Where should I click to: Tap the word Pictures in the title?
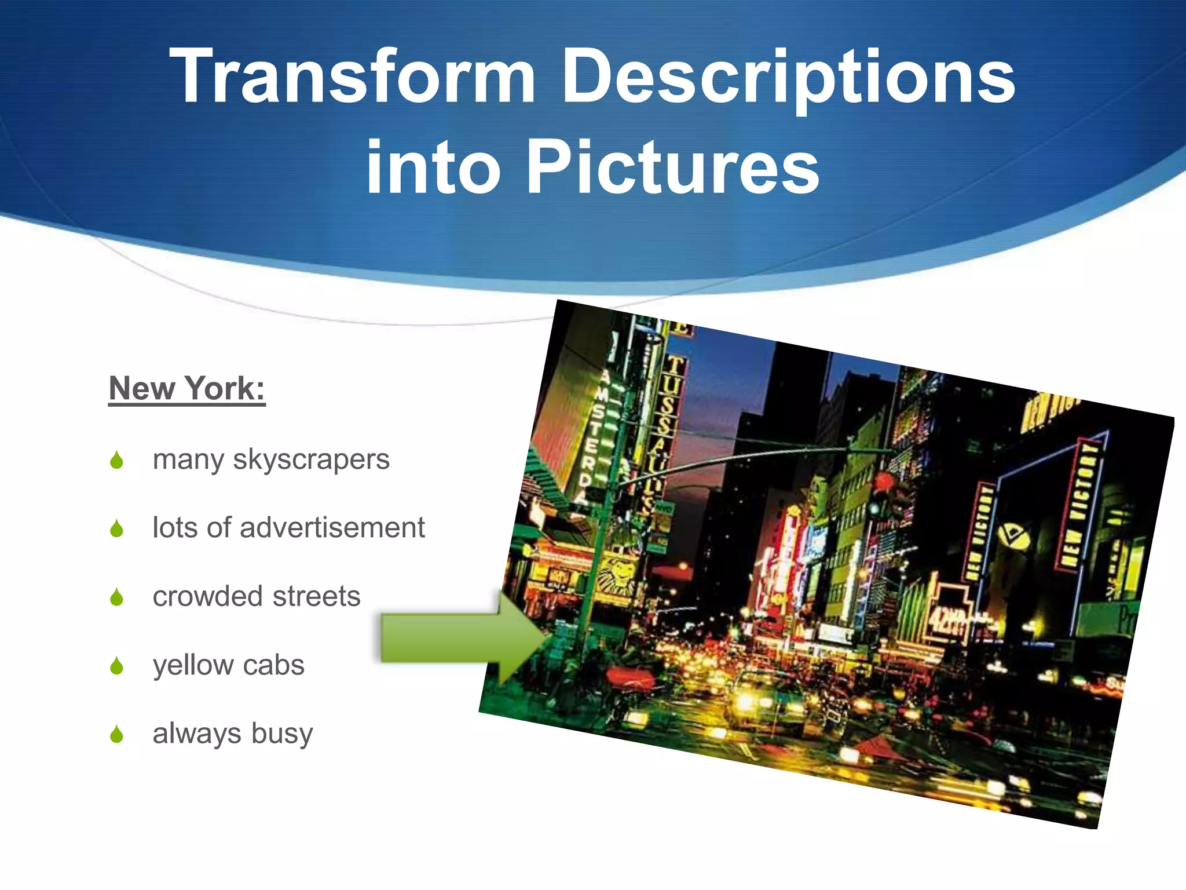click(673, 168)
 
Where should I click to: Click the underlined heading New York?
click(187, 388)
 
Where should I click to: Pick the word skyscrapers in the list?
click(311, 460)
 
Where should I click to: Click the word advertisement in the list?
click(332, 528)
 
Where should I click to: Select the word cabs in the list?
click(273, 665)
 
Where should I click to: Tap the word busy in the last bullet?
click(282, 734)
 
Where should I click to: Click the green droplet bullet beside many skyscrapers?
click(117, 460)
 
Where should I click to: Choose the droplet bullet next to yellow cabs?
click(117, 666)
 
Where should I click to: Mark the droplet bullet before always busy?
click(117, 734)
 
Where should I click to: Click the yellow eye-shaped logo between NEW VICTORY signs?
click(1013, 536)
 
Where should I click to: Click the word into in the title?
click(433, 168)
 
